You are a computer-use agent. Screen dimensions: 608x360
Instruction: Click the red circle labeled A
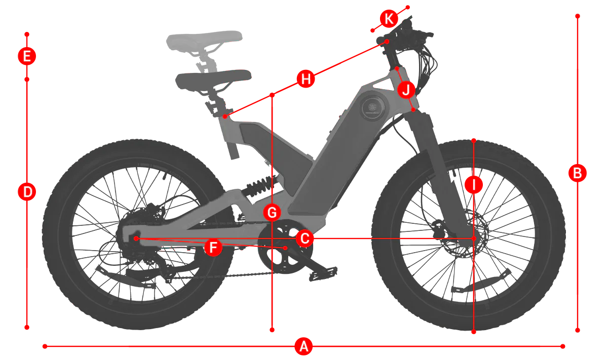(303, 346)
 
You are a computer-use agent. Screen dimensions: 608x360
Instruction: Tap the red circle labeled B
(578, 173)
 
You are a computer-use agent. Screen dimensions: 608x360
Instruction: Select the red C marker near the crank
(305, 238)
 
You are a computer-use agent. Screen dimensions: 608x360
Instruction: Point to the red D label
(27, 192)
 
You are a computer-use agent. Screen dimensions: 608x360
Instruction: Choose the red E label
(27, 56)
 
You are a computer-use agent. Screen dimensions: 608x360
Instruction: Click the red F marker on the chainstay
(213, 247)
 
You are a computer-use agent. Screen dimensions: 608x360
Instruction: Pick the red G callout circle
(272, 213)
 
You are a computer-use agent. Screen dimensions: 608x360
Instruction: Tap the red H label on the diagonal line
(306, 79)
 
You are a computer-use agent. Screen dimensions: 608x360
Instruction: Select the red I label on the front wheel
(474, 185)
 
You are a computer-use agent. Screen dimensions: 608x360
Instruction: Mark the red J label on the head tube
(406, 90)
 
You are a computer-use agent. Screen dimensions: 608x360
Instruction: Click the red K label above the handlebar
(389, 19)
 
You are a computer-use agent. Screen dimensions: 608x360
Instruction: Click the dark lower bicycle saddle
(213, 78)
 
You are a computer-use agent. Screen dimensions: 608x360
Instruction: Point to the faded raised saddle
(204, 40)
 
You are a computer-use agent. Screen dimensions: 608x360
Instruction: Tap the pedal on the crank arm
(323, 273)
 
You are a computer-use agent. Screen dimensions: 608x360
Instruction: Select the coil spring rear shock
(259, 186)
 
